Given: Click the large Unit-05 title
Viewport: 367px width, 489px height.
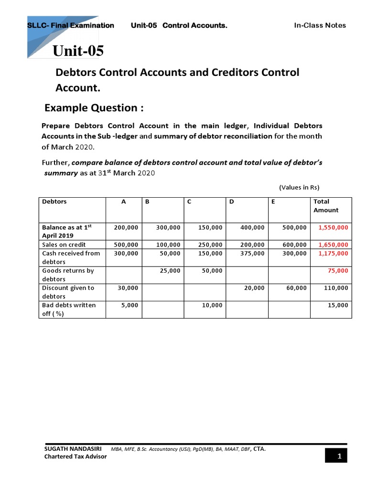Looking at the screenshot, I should (78, 51).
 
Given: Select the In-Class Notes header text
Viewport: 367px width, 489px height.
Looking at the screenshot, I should (320, 25).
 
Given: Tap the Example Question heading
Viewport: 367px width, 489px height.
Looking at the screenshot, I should (94, 108).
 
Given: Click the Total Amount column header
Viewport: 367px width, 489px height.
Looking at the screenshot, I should (326, 206).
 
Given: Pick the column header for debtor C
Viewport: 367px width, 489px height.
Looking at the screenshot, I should (189, 202).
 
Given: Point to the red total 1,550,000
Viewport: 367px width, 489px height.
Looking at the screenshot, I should (333, 228).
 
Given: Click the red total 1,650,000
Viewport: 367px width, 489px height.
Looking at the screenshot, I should (333, 245).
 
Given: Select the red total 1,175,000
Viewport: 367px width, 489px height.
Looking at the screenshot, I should (333, 254).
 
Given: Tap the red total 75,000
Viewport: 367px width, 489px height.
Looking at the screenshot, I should (338, 271).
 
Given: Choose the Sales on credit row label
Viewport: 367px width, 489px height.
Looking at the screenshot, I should (65, 245).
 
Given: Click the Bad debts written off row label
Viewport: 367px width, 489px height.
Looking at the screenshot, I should (69, 309).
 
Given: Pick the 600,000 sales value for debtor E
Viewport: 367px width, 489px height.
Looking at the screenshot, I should (294, 245).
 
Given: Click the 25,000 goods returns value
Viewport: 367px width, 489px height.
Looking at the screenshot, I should (170, 271).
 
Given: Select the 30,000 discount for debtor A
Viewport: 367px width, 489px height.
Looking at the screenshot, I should (128, 288).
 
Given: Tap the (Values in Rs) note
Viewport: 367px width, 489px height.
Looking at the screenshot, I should (299, 187).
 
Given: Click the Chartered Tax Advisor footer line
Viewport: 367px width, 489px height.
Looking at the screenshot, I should (75, 457).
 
